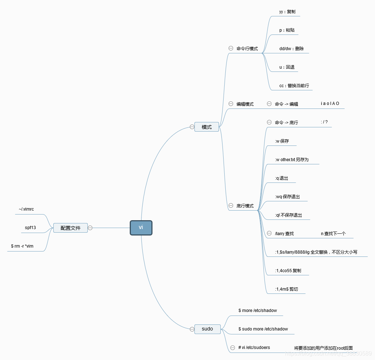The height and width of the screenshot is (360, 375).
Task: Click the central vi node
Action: click(141, 228)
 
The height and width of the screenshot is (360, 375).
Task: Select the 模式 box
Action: click(207, 127)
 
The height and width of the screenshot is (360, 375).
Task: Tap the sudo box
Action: click(207, 329)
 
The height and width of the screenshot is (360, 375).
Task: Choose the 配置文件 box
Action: click(70, 228)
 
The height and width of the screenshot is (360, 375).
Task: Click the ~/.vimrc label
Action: click(26, 209)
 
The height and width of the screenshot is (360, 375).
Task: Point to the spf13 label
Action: click(30, 228)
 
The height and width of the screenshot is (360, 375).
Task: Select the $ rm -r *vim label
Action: click(22, 246)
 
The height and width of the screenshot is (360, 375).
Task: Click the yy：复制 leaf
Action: click(287, 12)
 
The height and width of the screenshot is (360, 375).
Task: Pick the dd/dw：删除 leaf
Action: click(291, 49)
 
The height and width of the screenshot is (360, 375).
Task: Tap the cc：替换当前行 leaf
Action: click(294, 86)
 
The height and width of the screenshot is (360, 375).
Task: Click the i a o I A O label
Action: click(330, 104)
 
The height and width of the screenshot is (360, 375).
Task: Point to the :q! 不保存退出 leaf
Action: click(289, 215)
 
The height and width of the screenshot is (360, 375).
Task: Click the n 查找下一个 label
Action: click(333, 234)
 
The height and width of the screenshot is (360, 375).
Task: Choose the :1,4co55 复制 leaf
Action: click(288, 271)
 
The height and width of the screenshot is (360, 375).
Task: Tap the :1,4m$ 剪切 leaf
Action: click(286, 289)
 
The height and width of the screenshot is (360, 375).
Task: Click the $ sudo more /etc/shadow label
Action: click(263, 329)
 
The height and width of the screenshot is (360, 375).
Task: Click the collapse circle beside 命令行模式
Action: click(231, 48)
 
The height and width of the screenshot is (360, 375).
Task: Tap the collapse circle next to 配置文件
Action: click(90, 228)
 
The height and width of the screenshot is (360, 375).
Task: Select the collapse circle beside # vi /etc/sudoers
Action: click(232, 348)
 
